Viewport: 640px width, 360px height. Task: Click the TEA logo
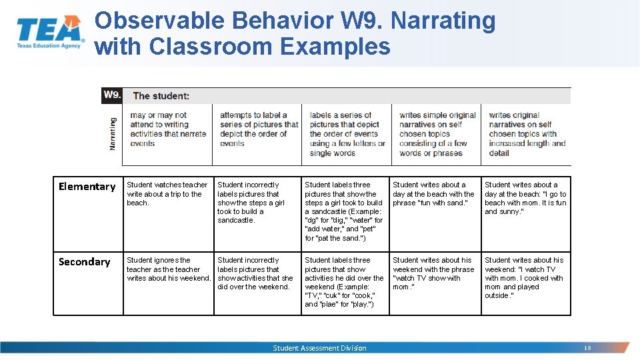pos(50,32)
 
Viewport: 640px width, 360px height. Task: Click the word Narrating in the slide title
pos(443,21)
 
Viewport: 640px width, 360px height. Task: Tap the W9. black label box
pos(112,95)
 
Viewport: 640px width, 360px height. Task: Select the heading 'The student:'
pos(161,96)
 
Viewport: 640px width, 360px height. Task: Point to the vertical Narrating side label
pos(113,133)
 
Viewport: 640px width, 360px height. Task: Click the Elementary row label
pos(87,187)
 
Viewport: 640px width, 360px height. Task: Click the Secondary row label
pos(84,262)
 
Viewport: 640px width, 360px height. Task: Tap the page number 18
pos(587,348)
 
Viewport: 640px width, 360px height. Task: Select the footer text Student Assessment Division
pos(319,348)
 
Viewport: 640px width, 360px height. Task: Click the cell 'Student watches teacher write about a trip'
pos(167,194)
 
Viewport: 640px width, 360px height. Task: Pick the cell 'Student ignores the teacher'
pos(168,269)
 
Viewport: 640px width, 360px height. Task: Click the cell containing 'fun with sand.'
pos(433,194)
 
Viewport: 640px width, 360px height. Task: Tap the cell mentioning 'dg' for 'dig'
pos(344,211)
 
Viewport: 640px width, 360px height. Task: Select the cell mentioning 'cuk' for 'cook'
pos(344,283)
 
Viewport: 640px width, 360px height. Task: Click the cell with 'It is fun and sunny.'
pos(525,198)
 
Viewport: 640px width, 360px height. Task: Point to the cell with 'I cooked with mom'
pos(525,278)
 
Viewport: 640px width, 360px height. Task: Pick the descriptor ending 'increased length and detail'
pos(527,134)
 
